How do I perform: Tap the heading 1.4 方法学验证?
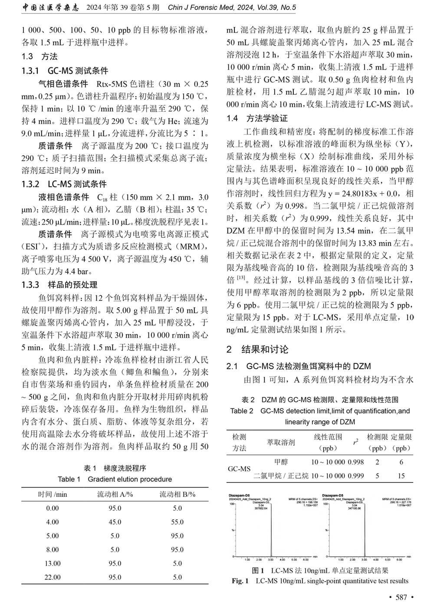point(257,118)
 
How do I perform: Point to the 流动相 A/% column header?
point(115,494)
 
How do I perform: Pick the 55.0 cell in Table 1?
point(177,522)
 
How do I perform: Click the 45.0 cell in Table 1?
point(115,522)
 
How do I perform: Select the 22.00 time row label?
point(53,577)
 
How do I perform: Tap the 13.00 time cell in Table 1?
point(53,563)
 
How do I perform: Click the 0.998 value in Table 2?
point(356,462)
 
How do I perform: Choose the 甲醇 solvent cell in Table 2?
point(281,462)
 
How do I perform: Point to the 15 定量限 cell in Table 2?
point(401,476)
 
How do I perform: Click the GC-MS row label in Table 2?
point(239,469)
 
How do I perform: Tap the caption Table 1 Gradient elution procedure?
point(115,479)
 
